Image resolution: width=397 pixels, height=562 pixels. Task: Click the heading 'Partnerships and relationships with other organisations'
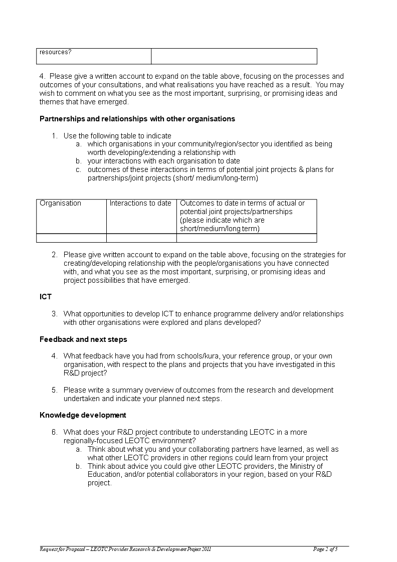(137, 119)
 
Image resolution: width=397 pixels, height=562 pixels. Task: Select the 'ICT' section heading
(46, 297)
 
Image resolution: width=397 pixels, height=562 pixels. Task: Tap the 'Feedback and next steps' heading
(83, 339)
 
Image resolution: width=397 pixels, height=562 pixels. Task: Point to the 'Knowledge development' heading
(83, 415)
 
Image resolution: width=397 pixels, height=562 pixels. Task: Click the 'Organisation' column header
(60, 203)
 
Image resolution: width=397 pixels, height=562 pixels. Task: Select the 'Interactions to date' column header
(140, 203)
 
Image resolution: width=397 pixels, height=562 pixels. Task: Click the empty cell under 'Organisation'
(71, 238)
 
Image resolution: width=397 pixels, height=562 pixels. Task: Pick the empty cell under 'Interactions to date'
(141, 238)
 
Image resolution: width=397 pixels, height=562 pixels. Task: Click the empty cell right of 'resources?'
(234, 56)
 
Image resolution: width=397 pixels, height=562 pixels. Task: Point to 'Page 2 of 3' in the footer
(325, 549)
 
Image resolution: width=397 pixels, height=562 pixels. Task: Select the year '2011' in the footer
(206, 549)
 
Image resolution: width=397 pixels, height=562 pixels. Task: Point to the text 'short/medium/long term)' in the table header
(220, 229)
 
